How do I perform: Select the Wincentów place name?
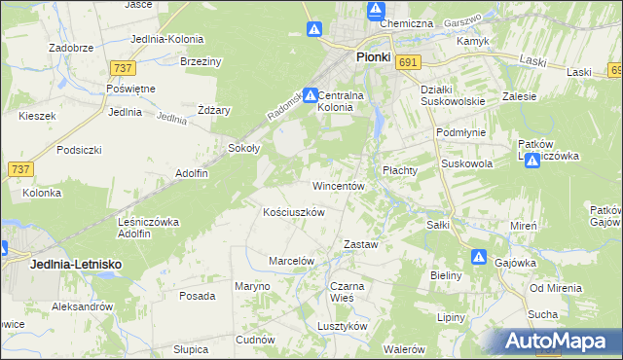tap(338, 185)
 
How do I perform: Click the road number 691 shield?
tap(409, 62)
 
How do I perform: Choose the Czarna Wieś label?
tap(347, 292)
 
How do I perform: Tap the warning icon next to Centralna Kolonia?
tap(310, 96)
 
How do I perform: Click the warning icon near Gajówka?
tap(479, 257)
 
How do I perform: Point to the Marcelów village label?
tap(291, 261)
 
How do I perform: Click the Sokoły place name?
tap(242, 149)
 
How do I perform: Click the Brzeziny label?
tap(202, 60)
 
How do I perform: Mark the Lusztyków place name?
tap(342, 327)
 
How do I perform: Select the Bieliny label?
tap(445, 275)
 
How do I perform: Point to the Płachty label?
tap(399, 169)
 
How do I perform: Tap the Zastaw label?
tap(360, 244)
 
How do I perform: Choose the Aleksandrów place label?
tap(82, 306)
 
